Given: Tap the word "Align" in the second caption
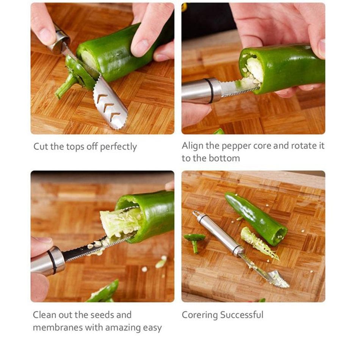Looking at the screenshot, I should point(192,146).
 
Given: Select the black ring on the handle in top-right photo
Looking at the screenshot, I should point(210,91).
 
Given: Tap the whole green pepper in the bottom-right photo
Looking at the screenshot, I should point(257,218).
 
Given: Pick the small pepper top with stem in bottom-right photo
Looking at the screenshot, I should point(194,241).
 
